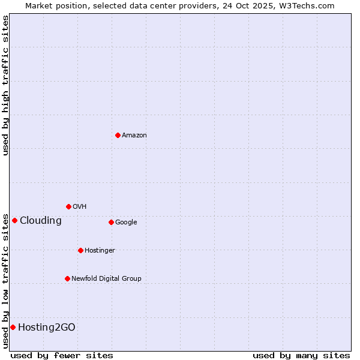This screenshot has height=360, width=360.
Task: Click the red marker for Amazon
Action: (118, 135)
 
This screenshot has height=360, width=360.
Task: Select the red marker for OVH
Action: (68, 206)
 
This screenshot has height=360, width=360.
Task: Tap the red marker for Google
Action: (111, 222)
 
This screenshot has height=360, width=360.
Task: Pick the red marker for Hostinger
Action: (80, 250)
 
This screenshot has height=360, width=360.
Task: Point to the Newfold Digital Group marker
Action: (67, 278)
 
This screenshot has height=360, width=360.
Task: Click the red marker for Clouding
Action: (14, 220)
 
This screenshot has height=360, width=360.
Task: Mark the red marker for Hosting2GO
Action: (13, 327)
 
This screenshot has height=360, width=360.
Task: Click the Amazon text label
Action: (134, 136)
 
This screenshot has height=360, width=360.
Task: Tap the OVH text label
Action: (80, 207)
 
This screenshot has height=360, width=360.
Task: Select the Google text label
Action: (126, 223)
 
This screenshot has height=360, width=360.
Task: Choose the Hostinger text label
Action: (100, 251)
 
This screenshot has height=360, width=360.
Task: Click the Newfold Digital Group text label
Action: (106, 279)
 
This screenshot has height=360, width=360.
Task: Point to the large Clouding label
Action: (41, 221)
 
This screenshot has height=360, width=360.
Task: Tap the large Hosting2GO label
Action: (47, 328)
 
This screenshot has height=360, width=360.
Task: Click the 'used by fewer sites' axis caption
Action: (62, 355)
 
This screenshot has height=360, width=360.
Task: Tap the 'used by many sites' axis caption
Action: (301, 355)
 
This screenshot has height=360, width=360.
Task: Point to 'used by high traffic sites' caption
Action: (6, 85)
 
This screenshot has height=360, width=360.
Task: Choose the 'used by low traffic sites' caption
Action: (6, 281)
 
